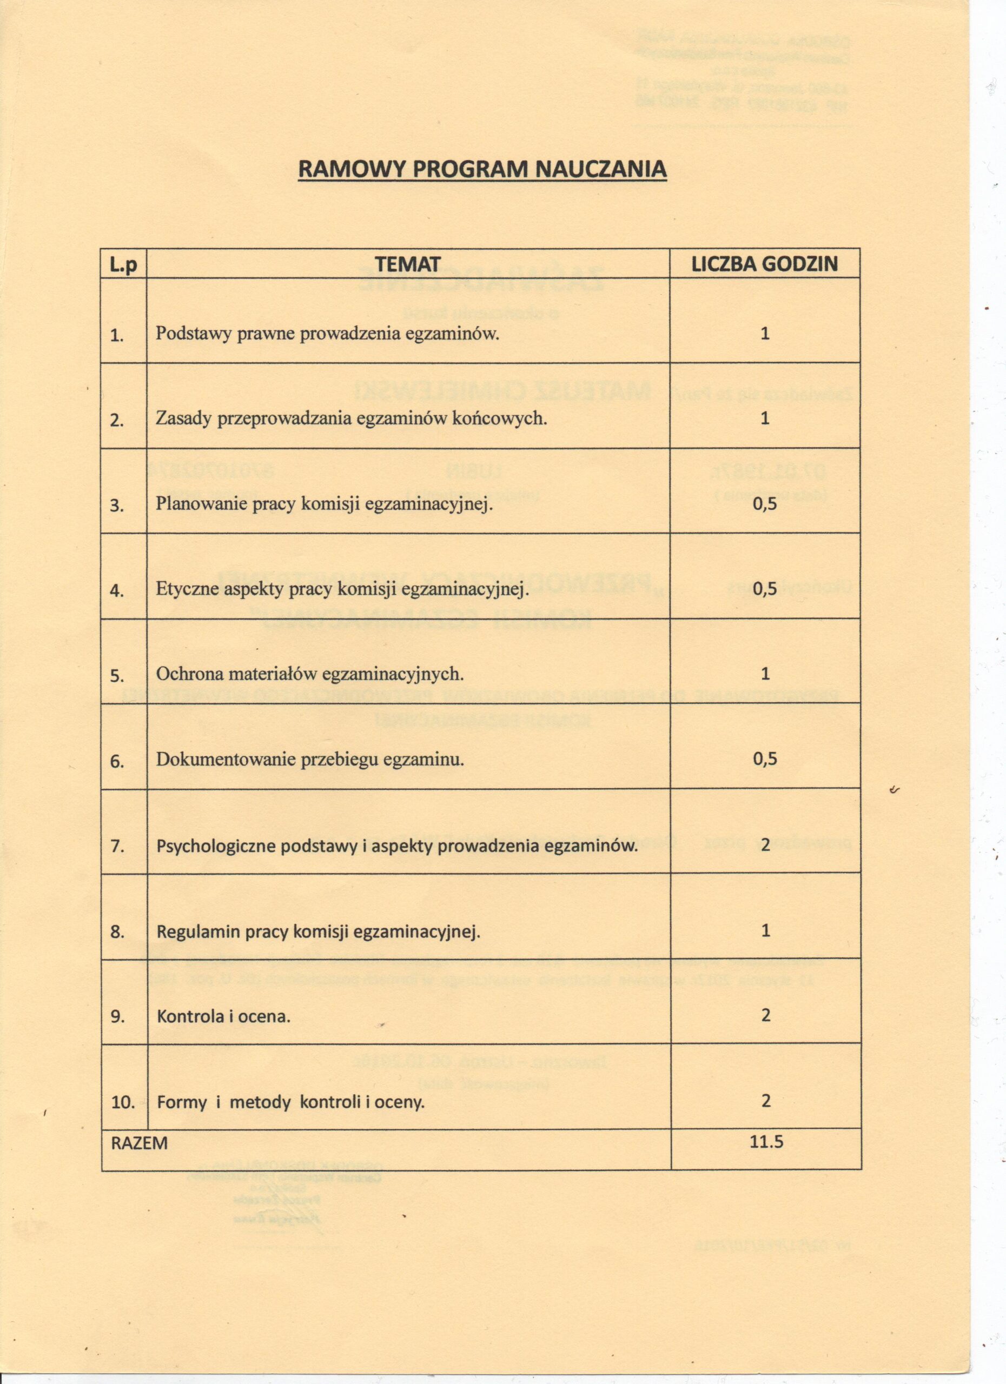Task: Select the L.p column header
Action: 123,265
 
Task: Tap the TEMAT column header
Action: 408,264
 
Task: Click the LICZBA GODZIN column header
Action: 764,264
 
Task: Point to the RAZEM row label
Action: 139,1143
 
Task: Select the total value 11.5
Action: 766,1142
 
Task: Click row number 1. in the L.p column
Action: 117,335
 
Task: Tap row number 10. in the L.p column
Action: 123,1103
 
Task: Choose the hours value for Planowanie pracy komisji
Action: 765,503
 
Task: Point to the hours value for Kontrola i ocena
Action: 765,1015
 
